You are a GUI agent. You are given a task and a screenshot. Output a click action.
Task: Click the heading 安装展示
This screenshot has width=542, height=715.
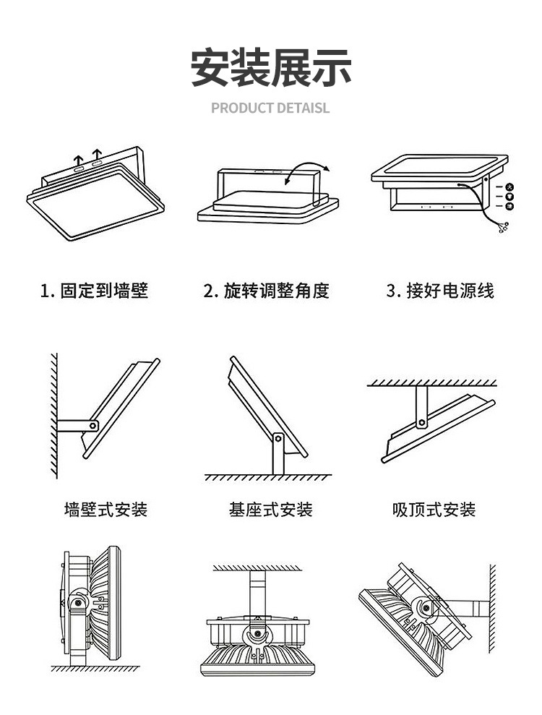pyautogui.click(x=271, y=69)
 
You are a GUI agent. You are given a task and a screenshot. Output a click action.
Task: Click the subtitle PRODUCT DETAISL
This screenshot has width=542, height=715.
pyautogui.click(x=270, y=108)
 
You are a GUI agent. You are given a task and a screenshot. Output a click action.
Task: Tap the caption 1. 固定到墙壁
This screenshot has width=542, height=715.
pyautogui.click(x=94, y=291)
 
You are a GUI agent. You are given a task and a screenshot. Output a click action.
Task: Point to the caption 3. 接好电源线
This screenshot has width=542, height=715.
pyautogui.click(x=440, y=291)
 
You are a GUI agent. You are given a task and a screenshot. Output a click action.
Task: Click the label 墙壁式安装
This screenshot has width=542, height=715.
pyautogui.click(x=106, y=510)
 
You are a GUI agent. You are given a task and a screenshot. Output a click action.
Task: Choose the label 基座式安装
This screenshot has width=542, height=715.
pyautogui.click(x=270, y=510)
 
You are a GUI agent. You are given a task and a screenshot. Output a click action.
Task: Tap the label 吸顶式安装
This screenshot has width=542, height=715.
pyautogui.click(x=434, y=510)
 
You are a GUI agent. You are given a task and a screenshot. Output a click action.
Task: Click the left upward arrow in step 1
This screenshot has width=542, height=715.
pyautogui.click(x=77, y=159)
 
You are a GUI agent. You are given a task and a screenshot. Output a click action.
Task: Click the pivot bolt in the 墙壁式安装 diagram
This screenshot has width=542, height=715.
pyautogui.click(x=92, y=426)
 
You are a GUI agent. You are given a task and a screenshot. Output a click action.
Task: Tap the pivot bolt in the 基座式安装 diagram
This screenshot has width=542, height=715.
pyautogui.click(x=278, y=438)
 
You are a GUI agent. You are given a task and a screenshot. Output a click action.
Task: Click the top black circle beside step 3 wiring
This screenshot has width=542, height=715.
pyautogui.click(x=509, y=187)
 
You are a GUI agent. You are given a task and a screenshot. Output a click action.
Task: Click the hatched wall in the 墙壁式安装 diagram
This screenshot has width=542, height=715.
pyautogui.click(x=53, y=416)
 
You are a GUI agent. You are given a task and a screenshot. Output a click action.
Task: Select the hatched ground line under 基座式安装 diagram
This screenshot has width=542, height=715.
pyautogui.click(x=267, y=478)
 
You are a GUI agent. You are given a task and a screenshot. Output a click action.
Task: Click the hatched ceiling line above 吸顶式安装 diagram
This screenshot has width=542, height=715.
pyautogui.click(x=431, y=382)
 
